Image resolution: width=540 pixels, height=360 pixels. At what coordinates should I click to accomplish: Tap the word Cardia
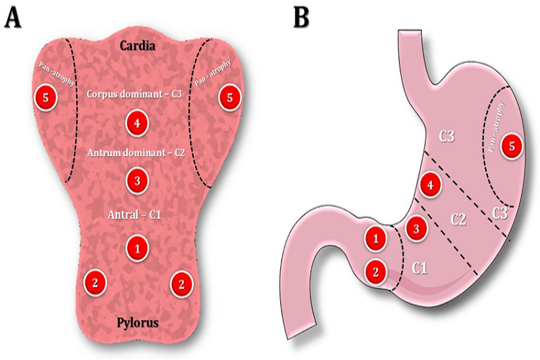(x=137, y=47)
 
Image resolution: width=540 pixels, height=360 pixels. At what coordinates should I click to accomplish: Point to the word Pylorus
(x=137, y=323)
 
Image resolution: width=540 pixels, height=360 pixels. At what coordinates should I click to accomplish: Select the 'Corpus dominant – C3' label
(x=136, y=94)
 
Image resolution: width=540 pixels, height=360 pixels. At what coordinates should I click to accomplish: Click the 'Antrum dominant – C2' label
(x=136, y=153)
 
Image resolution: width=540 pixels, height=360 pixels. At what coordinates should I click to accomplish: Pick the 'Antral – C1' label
(x=136, y=215)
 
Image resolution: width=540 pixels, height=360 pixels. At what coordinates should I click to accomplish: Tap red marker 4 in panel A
(x=137, y=123)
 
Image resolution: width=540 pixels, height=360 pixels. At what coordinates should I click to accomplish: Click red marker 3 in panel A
(x=137, y=180)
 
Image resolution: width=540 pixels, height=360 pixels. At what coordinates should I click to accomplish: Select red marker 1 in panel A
(x=137, y=248)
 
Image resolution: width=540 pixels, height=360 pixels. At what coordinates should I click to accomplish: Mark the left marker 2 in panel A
(x=96, y=283)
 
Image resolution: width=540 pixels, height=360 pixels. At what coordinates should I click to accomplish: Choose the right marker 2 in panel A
(x=180, y=283)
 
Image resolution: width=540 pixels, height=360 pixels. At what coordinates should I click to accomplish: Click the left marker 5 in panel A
(x=45, y=97)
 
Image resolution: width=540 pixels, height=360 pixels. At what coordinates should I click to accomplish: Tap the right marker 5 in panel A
(x=230, y=97)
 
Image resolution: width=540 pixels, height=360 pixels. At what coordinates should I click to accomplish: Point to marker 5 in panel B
(x=512, y=145)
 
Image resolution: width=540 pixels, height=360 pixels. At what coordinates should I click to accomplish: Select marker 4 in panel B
(x=430, y=183)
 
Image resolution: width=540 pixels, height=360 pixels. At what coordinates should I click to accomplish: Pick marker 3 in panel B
(x=417, y=228)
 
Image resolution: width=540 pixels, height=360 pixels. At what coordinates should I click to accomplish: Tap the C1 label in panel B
(x=419, y=268)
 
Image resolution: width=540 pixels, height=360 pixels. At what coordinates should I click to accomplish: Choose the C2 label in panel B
(x=458, y=219)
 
